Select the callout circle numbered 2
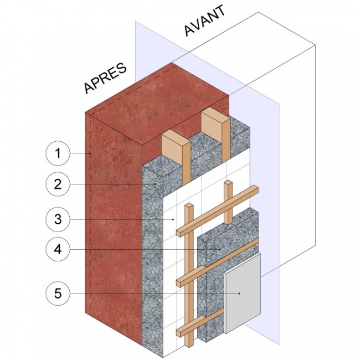pyautogui.click(x=58, y=185)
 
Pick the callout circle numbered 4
pyautogui.click(x=58, y=250)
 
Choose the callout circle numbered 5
pyautogui.click(x=58, y=292)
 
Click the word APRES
pyautogui.click(x=105, y=78)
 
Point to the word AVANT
pyautogui.click(x=205, y=22)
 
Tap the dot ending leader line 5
pyautogui.click(x=239, y=292)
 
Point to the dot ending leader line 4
pyautogui.click(x=220, y=250)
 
